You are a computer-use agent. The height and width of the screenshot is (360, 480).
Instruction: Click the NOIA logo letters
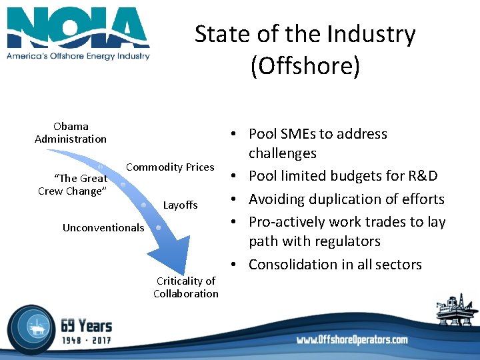pyautogui.click(x=78, y=27)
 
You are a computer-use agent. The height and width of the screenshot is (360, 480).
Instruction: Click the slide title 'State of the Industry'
pyautogui.click(x=305, y=35)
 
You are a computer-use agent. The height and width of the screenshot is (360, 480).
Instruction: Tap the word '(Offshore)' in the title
pyautogui.click(x=305, y=66)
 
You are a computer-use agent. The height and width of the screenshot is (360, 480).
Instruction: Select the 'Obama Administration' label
pyautogui.click(x=71, y=133)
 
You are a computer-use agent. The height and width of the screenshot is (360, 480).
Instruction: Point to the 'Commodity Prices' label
pyautogui.click(x=170, y=167)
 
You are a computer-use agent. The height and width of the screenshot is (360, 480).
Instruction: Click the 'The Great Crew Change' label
pyautogui.click(x=72, y=184)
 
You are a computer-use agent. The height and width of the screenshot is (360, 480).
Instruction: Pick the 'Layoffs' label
pyautogui.click(x=180, y=205)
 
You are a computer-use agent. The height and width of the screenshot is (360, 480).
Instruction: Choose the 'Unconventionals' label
pyautogui.click(x=103, y=227)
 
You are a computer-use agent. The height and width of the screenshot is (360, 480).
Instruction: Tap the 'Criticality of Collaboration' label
pyautogui.click(x=185, y=287)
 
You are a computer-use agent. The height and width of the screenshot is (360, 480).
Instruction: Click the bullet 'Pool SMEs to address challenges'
pyautogui.click(x=317, y=143)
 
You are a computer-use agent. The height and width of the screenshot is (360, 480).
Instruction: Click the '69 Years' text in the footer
pyautogui.click(x=87, y=326)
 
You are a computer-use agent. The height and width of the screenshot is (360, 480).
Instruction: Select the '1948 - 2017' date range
pyautogui.click(x=87, y=341)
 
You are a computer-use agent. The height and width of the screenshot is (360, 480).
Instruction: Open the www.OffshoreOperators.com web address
pyautogui.click(x=351, y=340)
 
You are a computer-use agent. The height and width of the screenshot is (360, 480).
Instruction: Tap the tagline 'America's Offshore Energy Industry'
pyautogui.click(x=78, y=56)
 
